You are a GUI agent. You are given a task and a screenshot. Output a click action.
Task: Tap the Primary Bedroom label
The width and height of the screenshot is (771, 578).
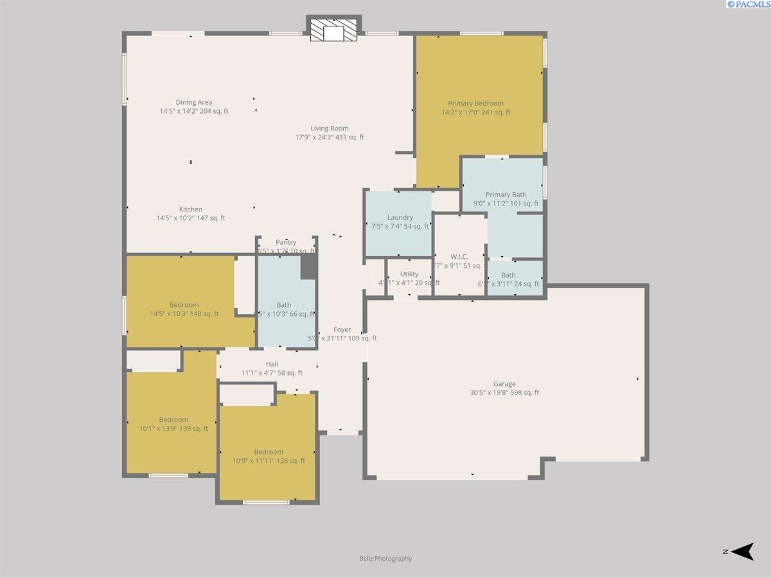475,103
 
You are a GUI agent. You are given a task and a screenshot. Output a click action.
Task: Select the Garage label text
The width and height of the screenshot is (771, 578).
504,384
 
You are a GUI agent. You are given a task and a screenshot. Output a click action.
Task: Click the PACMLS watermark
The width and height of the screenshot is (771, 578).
748,4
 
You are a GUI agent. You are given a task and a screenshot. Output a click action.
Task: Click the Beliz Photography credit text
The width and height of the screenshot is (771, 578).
385,559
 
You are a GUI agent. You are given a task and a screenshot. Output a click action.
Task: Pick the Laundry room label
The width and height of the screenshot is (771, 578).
400,218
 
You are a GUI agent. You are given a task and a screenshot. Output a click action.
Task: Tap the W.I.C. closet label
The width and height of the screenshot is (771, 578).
459,257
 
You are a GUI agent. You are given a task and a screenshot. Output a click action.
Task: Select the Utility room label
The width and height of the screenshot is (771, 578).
409,274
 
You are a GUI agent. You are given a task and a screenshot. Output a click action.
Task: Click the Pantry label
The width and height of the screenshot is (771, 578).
286,243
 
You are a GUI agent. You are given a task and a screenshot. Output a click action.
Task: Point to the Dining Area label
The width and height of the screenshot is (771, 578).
194,102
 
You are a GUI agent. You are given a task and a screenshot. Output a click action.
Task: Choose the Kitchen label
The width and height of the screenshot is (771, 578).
191,209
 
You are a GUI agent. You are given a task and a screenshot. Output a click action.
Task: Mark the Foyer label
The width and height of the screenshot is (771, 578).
342,330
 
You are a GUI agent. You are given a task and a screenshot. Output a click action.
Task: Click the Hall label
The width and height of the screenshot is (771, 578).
272,364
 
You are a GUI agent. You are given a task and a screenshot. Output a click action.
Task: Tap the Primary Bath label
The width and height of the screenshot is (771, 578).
506,195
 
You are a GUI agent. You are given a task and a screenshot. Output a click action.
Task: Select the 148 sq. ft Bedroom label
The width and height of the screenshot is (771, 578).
184,305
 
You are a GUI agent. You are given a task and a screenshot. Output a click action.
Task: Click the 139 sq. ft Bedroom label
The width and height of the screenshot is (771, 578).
173,420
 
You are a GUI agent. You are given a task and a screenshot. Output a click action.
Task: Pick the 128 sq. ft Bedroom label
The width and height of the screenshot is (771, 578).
268,452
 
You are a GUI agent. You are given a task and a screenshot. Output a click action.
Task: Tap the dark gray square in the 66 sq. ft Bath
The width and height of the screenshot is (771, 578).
308,267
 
